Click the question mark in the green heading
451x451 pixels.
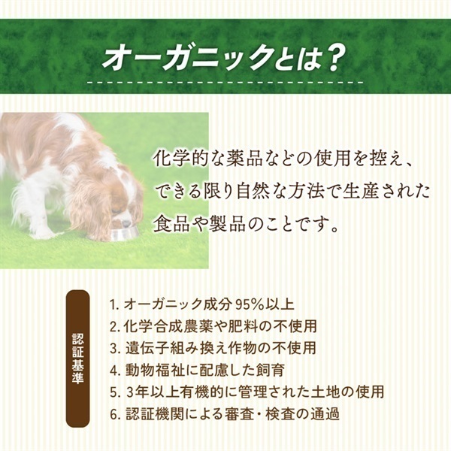coord(332,59)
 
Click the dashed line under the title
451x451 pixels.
coord(225,82)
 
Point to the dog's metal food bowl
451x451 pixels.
coord(124,234)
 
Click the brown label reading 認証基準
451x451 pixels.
coord(77,359)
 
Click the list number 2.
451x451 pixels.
coord(114,326)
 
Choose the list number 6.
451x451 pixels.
coord(114,414)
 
